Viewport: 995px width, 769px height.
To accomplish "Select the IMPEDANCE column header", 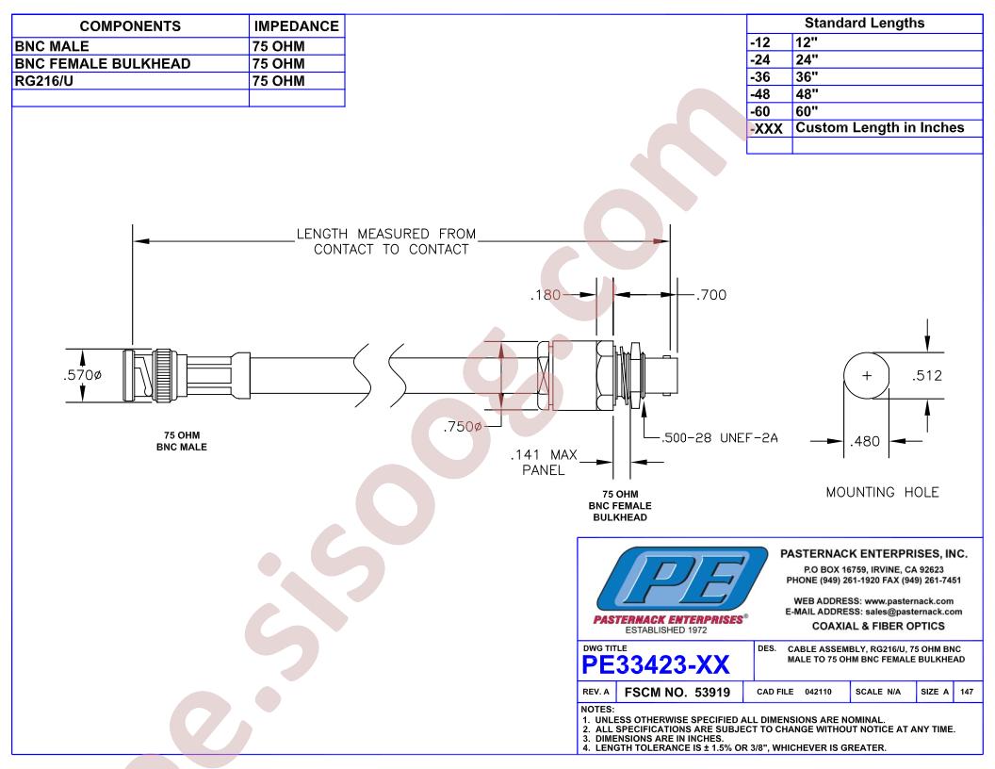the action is pos(297,26).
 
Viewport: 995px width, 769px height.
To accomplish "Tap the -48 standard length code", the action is pos(760,94).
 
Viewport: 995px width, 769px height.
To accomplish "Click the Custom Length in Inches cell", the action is pos(879,127).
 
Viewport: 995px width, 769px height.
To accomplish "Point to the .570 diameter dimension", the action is pos(83,375).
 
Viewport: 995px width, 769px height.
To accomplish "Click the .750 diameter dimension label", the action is pos(463,426).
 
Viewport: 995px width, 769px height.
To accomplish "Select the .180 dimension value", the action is pos(546,295).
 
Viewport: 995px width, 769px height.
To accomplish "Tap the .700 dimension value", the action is pos(710,295).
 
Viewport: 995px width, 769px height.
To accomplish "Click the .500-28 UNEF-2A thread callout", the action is pos(719,438).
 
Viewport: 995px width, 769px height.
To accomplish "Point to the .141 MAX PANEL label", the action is pos(544,463).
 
